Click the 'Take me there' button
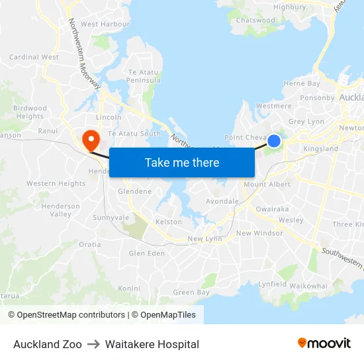click(x=182, y=162)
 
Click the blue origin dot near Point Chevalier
click(x=273, y=141)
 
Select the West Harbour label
click(x=105, y=24)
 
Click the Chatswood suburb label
click(x=255, y=21)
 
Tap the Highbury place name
click(x=290, y=7)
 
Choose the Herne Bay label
click(x=302, y=84)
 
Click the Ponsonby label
click(x=318, y=98)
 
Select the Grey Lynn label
click(x=306, y=122)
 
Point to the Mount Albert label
click(x=267, y=185)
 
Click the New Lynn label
click(x=205, y=239)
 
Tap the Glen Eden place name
click(x=146, y=253)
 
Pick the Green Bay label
click(x=191, y=293)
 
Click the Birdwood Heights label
click(x=30, y=113)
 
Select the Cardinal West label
click(x=34, y=58)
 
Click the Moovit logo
click(x=324, y=343)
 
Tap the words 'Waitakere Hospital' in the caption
click(x=152, y=344)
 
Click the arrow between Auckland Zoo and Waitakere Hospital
click(x=93, y=344)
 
